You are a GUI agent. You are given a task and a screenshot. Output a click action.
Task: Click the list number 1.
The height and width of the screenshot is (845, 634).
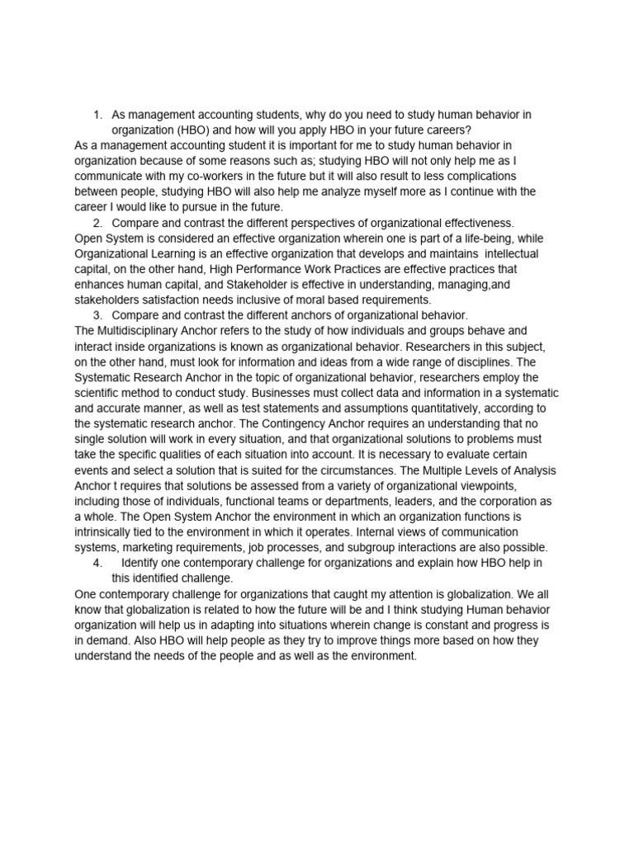(x=97, y=115)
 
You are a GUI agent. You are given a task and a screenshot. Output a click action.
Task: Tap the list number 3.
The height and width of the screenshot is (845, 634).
(x=97, y=315)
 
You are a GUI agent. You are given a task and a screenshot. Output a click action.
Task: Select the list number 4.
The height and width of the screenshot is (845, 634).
(x=97, y=563)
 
